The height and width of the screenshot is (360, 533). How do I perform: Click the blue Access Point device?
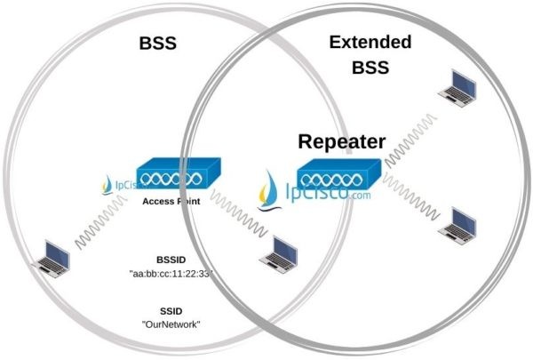pos(170,176)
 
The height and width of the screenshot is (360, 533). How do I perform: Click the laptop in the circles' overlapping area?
pos(278,251)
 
